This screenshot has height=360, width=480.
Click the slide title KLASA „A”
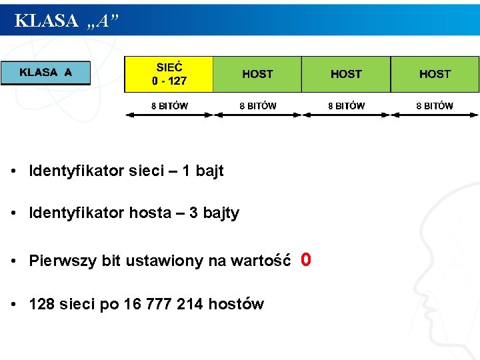(x=67, y=21)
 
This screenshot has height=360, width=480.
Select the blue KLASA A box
(x=45, y=73)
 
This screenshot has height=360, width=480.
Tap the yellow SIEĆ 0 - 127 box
(x=169, y=74)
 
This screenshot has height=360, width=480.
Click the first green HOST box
(x=257, y=74)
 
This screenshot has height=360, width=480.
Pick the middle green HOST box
(x=346, y=74)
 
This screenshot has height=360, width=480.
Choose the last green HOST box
(x=435, y=74)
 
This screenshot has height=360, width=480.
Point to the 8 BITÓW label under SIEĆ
(x=169, y=105)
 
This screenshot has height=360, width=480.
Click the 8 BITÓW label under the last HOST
(x=435, y=105)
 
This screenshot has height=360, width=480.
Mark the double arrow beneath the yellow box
(x=169, y=115)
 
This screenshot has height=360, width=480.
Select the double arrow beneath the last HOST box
(x=435, y=115)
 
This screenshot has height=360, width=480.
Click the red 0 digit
(x=305, y=259)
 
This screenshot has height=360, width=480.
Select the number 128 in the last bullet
(x=42, y=305)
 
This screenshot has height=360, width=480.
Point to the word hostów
(x=236, y=305)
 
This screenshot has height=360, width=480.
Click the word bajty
(x=221, y=213)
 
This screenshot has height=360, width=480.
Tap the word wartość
(x=259, y=261)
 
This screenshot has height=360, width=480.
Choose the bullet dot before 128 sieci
(x=13, y=305)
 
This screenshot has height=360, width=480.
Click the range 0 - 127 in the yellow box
(x=169, y=81)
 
